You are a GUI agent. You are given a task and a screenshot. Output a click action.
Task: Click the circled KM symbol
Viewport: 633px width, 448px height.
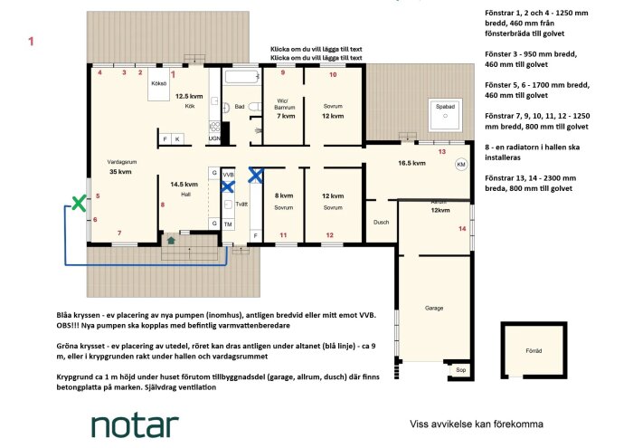point(461,166)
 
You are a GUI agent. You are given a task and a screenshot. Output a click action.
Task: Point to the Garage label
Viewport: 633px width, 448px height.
point(435,308)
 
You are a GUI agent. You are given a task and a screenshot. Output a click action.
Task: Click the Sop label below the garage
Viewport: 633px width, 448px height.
point(460,369)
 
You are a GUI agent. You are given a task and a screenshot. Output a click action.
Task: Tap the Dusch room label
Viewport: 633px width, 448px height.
point(381,222)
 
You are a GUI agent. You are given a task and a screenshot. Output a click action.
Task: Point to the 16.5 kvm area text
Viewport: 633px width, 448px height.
point(411,164)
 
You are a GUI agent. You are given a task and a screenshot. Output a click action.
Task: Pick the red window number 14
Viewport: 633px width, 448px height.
point(463,229)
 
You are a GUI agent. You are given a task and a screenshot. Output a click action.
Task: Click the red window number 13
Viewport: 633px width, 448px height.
point(441,152)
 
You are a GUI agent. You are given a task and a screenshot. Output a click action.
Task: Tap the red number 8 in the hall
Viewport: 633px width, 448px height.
point(163,205)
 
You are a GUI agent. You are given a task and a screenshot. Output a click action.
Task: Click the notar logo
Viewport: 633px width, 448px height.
point(135,424)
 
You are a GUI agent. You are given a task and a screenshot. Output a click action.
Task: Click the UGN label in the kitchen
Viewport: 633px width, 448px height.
point(214,138)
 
